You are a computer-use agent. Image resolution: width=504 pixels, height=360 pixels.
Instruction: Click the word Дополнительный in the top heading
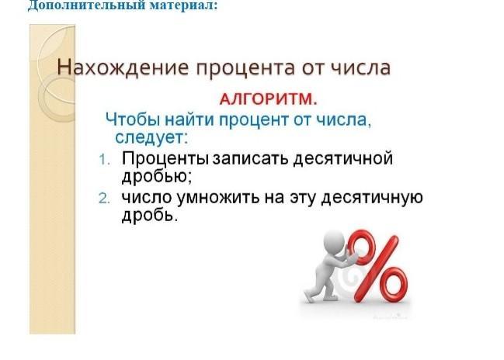coord(86,5)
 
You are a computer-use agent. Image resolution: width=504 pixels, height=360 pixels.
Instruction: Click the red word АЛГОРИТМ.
coord(269,99)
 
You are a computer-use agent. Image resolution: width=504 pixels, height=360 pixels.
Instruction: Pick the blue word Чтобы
coord(133,119)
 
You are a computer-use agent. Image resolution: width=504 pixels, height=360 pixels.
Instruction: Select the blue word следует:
coord(151,138)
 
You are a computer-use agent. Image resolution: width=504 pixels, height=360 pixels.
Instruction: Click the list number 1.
coord(104,160)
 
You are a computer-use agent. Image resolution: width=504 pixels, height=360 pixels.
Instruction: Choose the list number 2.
coord(104,199)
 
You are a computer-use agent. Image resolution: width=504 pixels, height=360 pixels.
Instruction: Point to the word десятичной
coord(342,159)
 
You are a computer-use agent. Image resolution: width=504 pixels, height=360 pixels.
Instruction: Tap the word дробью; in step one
coord(157,177)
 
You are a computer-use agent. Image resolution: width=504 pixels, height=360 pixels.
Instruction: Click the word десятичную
coord(372,198)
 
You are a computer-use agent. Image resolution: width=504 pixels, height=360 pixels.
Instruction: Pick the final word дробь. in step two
coord(150,215)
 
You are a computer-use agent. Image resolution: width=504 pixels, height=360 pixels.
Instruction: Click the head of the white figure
coord(333,241)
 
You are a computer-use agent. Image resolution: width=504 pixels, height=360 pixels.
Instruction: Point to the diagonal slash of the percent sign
coord(377,268)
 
